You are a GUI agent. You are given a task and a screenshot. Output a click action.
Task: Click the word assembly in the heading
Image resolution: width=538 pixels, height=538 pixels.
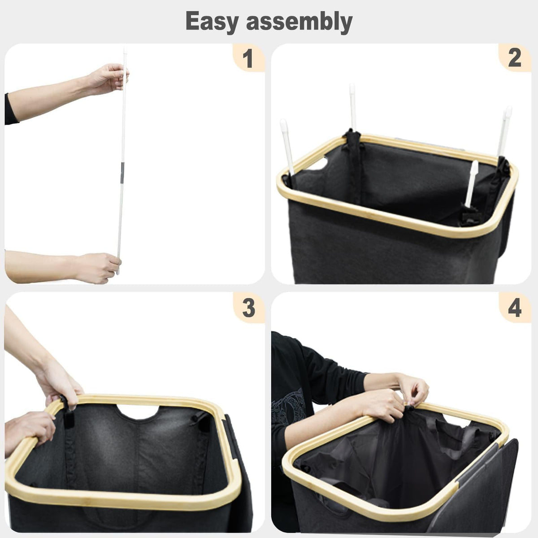(x=299, y=22)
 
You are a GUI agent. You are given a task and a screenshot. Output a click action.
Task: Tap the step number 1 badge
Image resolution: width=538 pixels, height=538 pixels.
(x=248, y=58)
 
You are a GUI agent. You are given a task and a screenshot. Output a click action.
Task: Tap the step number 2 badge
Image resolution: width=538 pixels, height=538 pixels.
(x=514, y=58)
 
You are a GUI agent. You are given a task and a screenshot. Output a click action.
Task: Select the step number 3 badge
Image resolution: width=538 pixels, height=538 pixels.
(x=248, y=308)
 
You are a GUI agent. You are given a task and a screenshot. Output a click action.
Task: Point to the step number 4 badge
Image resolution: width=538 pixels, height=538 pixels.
(x=515, y=308)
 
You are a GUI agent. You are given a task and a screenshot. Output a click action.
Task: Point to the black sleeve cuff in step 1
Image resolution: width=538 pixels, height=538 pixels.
(x=11, y=109)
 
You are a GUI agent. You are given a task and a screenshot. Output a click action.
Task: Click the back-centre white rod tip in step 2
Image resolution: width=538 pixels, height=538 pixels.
(x=352, y=89)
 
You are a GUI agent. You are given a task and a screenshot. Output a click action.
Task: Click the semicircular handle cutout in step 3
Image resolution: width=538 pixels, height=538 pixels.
(x=138, y=412)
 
